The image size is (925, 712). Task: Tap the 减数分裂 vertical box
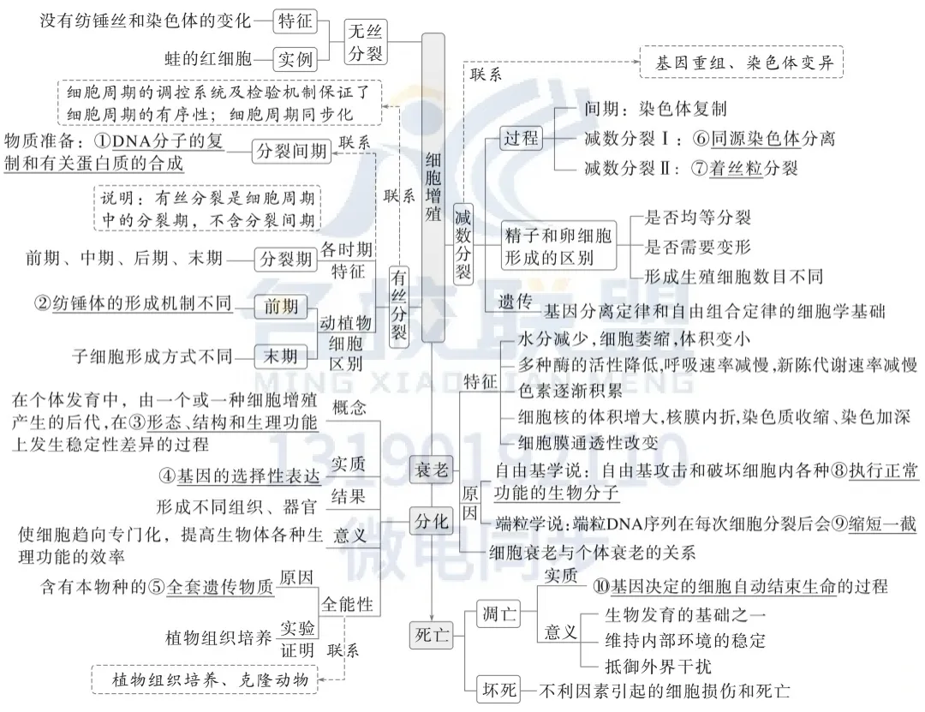tap(463, 244)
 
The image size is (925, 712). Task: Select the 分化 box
tap(431, 520)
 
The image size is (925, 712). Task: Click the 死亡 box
tap(431, 636)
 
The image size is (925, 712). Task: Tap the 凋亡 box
tap(499, 613)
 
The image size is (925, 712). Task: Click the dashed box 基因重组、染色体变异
tap(743, 63)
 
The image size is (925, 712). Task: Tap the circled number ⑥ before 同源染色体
tap(700, 138)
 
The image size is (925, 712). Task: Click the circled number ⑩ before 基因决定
tap(600, 587)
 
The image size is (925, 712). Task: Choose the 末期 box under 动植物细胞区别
tap(280, 356)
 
